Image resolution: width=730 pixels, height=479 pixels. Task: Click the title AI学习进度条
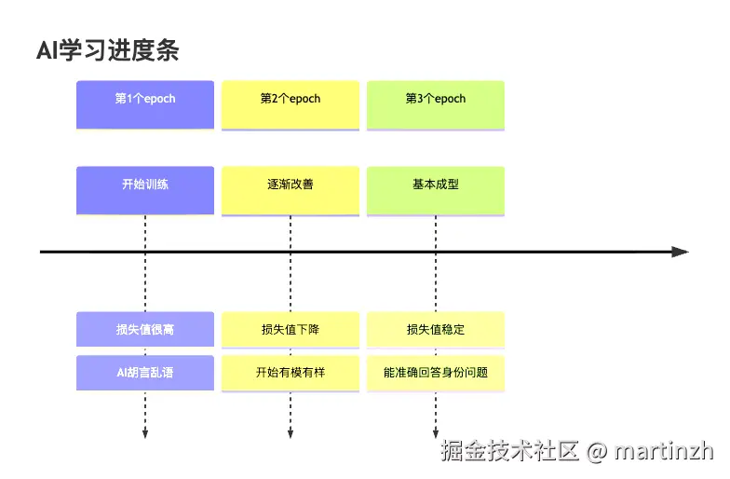point(107,50)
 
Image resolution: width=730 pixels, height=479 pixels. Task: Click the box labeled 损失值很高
point(145,330)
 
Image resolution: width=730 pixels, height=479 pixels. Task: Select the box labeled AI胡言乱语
point(145,373)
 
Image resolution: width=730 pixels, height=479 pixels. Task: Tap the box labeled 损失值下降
point(291,330)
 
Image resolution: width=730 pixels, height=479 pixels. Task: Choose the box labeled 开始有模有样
point(291,373)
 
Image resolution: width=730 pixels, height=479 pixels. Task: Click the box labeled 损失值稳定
point(436,330)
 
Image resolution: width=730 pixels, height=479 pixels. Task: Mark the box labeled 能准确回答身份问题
point(436,373)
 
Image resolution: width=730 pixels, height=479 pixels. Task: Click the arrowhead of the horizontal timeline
point(681,252)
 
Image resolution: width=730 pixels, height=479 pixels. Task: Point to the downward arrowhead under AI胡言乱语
point(145,432)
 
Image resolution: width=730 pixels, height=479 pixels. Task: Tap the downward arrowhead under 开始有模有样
point(291,432)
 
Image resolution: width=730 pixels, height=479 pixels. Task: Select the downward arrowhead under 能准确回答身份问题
point(436,432)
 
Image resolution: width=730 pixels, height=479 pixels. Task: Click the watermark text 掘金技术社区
point(511,451)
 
